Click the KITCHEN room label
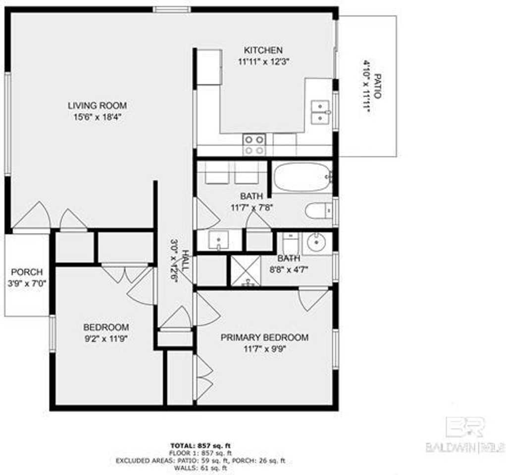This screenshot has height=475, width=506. coord(263,50)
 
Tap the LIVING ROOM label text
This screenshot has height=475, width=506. coord(97,105)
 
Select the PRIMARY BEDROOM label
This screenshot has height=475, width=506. coord(264,337)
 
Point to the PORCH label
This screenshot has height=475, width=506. coord(27,272)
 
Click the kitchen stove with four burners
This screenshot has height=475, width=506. coord(254,144)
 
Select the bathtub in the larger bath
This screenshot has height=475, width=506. coord(302,177)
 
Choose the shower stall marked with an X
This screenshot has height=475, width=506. coord(246,271)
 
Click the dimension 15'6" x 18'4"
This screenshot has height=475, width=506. coord(97,117)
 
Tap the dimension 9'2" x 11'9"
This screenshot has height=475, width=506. coord(106,339)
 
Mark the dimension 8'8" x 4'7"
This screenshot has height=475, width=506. coord(288,270)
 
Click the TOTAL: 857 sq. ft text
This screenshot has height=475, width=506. coord(201,444)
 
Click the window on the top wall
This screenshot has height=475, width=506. coord(171,9)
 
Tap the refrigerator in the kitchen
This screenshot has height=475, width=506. coord(209,67)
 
